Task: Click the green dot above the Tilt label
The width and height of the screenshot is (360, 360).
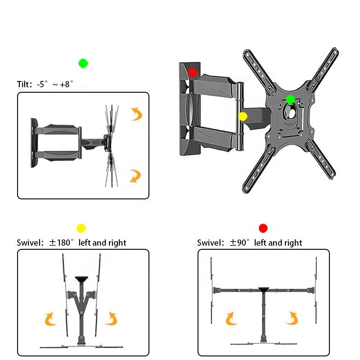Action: click(x=83, y=63)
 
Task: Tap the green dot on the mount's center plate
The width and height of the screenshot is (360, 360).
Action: click(x=290, y=99)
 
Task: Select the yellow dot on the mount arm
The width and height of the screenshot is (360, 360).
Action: click(x=243, y=117)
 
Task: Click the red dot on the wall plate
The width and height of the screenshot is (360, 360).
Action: click(x=193, y=72)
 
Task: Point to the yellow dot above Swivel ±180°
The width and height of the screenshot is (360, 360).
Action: click(x=81, y=228)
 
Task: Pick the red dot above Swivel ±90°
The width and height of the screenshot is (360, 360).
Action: click(x=263, y=228)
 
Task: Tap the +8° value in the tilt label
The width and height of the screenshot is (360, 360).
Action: click(x=66, y=84)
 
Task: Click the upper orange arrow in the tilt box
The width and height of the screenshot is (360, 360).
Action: click(x=136, y=114)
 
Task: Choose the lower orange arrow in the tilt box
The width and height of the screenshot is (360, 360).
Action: click(x=135, y=175)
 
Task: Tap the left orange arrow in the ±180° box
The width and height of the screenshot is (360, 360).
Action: click(x=51, y=319)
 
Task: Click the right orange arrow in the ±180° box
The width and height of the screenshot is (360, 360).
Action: click(x=111, y=319)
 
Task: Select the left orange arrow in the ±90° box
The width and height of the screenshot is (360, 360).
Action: click(x=232, y=318)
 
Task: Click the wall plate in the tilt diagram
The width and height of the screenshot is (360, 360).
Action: click(x=33, y=143)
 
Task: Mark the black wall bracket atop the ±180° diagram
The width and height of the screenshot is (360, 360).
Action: click(x=81, y=279)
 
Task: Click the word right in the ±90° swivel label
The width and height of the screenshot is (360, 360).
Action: click(x=292, y=243)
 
